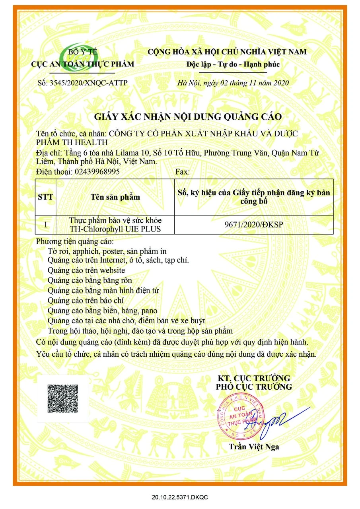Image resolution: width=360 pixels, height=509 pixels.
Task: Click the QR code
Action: [x=62, y=398]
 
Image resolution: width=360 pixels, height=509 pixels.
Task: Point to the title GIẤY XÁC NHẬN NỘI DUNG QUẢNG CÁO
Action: [x=188, y=117]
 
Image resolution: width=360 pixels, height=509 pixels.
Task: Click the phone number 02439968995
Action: [x=97, y=172]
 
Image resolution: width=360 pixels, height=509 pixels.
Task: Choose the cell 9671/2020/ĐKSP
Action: [x=253, y=225]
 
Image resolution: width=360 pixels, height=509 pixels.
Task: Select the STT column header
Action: [x=45, y=197]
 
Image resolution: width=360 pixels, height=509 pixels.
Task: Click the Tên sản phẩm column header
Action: [x=115, y=197]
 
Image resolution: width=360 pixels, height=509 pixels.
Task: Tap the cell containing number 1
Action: [x=45, y=225]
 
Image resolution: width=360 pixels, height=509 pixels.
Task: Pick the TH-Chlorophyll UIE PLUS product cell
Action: [x=115, y=225]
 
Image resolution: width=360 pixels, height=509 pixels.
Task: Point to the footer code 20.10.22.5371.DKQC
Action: [x=180, y=497]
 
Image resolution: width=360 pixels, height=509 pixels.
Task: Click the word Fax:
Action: [x=183, y=172]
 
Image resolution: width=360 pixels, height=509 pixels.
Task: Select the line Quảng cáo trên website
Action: [x=86, y=270]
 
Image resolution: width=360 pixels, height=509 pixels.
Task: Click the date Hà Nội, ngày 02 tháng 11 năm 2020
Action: [x=233, y=83]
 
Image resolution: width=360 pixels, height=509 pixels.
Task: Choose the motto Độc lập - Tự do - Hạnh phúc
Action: [x=233, y=64]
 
